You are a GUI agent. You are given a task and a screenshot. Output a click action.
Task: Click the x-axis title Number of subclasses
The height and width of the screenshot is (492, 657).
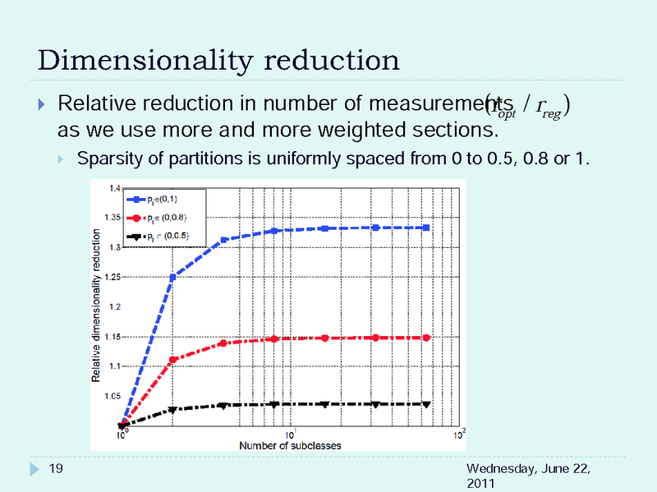point(290,445)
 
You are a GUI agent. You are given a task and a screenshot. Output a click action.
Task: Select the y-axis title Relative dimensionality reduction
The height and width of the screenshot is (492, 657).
point(96,306)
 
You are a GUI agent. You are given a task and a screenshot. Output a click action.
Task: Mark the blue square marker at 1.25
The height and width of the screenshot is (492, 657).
point(172,278)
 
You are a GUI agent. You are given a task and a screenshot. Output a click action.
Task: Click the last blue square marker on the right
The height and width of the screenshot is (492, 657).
point(426,228)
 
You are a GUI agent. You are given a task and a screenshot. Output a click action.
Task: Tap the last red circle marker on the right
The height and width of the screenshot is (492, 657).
point(426,338)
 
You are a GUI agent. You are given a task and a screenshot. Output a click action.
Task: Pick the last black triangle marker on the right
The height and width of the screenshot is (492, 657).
point(426,404)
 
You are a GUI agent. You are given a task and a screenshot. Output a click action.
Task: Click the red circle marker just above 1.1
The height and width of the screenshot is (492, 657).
point(172,359)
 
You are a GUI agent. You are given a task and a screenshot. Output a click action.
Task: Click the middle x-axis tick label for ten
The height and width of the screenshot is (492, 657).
point(290,435)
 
